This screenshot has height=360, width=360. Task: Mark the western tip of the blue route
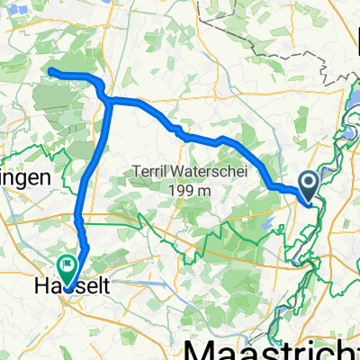click(x=49, y=70)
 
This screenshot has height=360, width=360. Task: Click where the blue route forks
click(x=109, y=100)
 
